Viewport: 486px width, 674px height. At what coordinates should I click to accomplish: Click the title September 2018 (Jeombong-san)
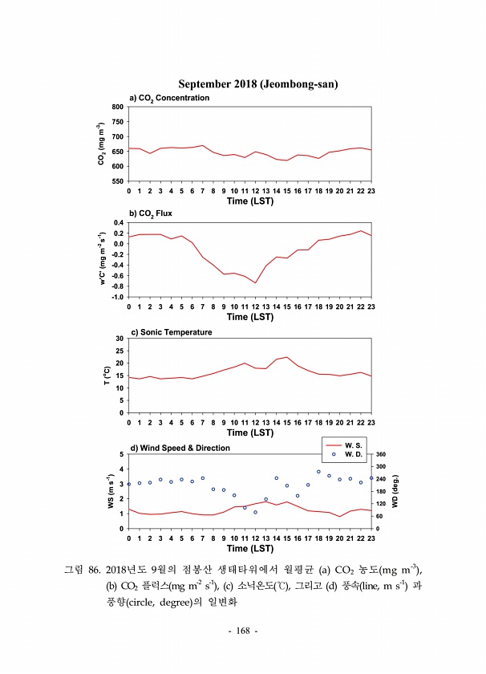tap(257, 84)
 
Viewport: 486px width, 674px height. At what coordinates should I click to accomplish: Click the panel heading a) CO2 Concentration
tap(164, 98)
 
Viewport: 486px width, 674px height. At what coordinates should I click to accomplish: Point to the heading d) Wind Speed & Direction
tap(180, 448)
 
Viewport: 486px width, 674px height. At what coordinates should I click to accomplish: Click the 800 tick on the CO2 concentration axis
tap(117, 107)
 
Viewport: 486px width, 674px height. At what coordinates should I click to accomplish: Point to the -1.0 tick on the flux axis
tap(116, 298)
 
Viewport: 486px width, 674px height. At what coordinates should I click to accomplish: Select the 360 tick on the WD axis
tap(382, 455)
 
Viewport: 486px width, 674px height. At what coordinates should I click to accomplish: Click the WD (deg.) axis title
tap(395, 491)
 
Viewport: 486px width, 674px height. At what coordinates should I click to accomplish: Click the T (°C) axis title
tap(107, 376)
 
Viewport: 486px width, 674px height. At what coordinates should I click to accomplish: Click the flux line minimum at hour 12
tap(255, 283)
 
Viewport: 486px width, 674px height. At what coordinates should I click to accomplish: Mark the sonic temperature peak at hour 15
tap(287, 357)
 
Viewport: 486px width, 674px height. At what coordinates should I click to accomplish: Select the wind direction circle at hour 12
tap(255, 512)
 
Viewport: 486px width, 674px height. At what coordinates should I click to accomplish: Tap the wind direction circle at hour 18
tap(318, 472)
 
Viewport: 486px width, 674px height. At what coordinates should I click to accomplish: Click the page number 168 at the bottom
tap(243, 631)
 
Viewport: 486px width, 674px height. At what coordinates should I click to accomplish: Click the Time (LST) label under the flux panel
tap(249, 317)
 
